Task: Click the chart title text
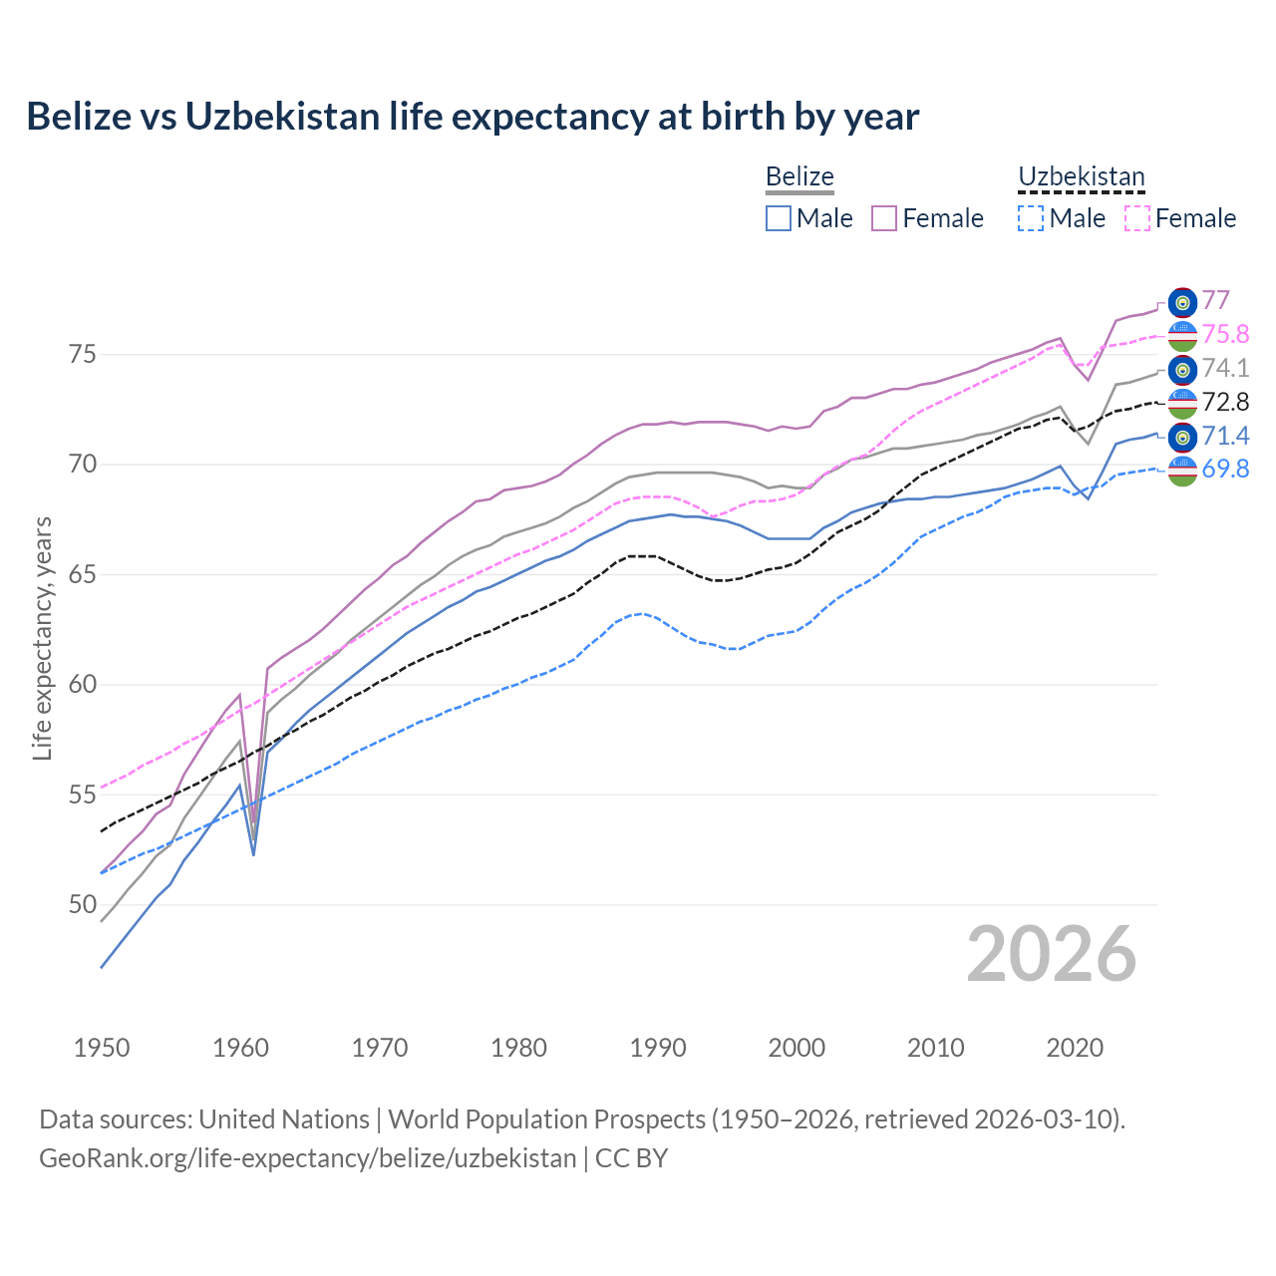473,117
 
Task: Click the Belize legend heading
799,177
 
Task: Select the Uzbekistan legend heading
1081,177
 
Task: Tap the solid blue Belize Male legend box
779,218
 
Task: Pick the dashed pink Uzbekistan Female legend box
1137,218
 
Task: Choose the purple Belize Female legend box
884,218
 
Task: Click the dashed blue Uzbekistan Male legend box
1031,218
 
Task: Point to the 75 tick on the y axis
82,355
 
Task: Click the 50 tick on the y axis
82,905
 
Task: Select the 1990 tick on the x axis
658,1048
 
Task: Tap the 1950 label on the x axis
102,1048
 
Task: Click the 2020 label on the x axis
1075,1048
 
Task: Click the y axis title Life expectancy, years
42,638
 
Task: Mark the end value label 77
1215,301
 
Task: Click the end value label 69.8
1225,470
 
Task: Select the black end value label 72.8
1225,402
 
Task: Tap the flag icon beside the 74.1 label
1182,370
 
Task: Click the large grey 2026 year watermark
1051,955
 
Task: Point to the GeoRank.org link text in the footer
307,1158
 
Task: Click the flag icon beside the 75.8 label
1182,336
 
